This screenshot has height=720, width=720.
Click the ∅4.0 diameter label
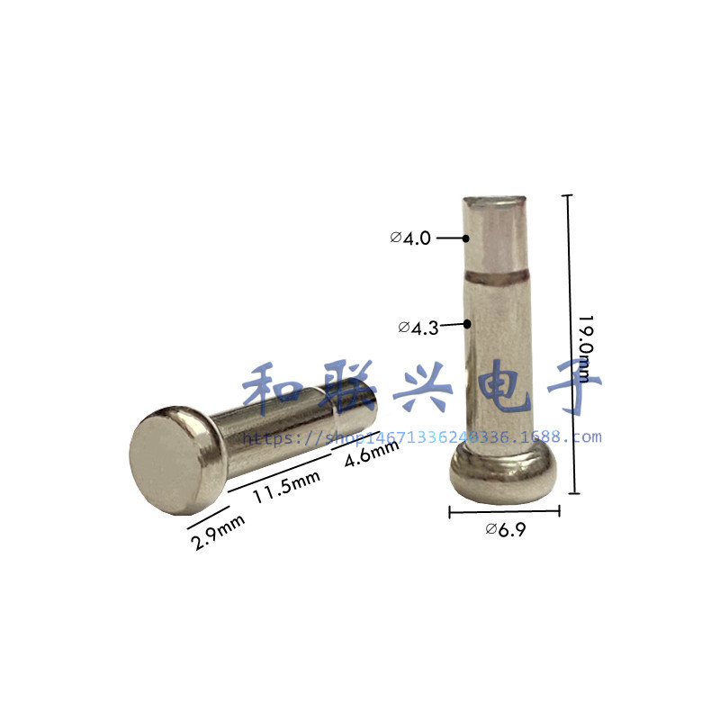tap(410, 238)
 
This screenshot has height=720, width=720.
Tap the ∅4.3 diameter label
tap(418, 328)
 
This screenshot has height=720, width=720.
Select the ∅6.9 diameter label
tap(506, 530)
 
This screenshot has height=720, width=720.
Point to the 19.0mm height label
tap(585, 349)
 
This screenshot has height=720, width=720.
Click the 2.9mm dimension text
tap(217, 532)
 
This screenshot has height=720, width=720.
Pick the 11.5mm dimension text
tap(286, 487)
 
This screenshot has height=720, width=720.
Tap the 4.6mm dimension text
tap(372, 453)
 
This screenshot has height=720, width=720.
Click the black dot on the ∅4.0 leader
tap(465, 238)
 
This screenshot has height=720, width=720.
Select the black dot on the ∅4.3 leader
tap(467, 324)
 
